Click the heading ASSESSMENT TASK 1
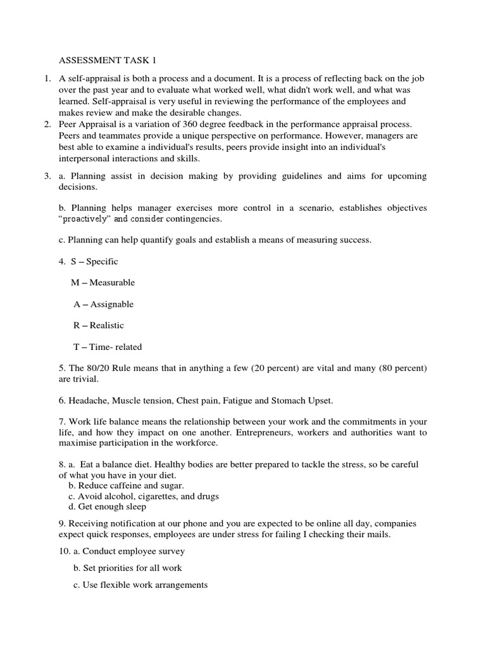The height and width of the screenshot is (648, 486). point(107,61)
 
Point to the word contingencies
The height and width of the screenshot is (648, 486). point(193,219)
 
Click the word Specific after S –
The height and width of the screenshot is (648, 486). point(102,261)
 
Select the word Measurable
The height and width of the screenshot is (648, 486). point(112,283)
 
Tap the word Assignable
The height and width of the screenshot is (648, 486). point(112,304)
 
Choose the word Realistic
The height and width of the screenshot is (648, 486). point(107,326)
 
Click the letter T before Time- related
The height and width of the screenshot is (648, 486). point(76,347)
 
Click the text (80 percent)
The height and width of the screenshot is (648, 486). point(404,368)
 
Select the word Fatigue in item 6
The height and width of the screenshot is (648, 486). point(235,401)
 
